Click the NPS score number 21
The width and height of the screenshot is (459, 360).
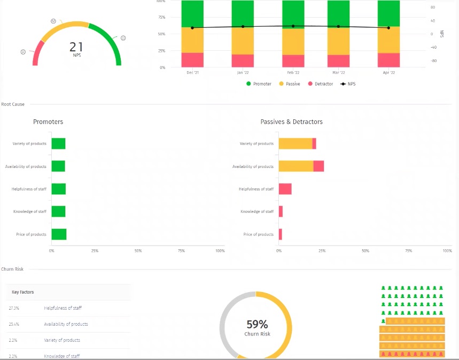76,47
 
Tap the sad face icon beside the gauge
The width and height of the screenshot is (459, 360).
23,52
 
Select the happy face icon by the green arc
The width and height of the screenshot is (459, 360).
123,38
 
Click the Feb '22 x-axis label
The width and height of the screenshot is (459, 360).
293,72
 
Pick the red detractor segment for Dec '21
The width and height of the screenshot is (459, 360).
192,59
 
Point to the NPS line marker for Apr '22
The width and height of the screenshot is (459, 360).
388,28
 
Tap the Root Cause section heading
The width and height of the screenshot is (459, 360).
13,104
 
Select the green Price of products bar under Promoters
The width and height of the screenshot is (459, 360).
59,234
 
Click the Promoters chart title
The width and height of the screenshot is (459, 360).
48,122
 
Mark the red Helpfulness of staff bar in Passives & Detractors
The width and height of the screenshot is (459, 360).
285,189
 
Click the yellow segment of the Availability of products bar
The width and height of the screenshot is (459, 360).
296,166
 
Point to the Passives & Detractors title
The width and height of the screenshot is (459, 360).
291,122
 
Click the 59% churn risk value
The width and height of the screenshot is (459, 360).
257,324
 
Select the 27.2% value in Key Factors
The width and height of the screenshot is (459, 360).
14,308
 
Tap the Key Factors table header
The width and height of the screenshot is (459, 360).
23,292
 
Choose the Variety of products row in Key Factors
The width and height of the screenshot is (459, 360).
62,340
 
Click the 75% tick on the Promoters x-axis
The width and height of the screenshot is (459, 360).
181,250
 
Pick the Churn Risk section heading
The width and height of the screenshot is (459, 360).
12,269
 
